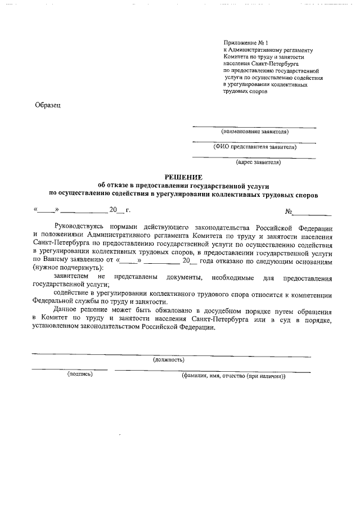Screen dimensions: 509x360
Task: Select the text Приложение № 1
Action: (246, 43)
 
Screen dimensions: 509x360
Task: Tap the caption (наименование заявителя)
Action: (254, 132)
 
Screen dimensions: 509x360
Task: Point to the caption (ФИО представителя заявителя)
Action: (254, 147)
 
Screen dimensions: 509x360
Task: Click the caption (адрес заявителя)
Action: (258, 163)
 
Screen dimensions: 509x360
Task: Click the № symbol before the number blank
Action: (289, 212)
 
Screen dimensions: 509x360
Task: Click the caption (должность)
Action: (169, 359)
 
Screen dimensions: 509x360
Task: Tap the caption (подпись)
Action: (80, 374)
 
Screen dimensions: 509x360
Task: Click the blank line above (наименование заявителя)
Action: (254, 126)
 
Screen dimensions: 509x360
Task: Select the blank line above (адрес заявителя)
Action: (254, 157)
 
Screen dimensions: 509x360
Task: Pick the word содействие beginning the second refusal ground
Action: (72, 294)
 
